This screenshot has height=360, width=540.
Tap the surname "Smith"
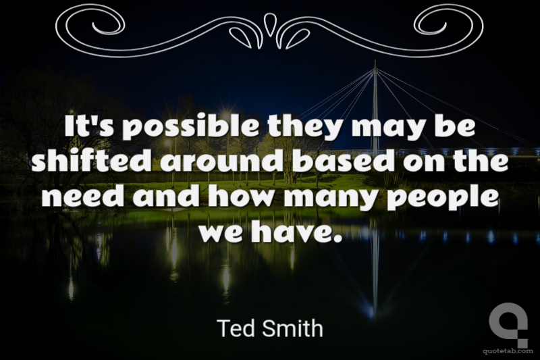click(293, 328)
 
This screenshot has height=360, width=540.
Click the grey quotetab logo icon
click(508, 324)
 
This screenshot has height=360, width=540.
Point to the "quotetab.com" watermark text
click(508, 351)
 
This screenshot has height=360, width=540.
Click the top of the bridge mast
click(375, 61)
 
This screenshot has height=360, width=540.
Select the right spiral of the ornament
click(448, 22)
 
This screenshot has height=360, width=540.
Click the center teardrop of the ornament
click(269, 24)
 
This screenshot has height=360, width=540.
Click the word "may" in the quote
click(385, 128)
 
